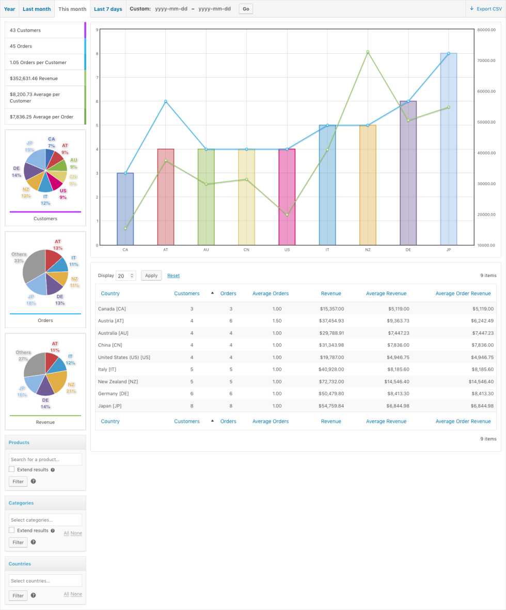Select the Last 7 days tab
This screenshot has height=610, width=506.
point(108,9)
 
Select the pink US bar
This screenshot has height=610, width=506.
point(287,196)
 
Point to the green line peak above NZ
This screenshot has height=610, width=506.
point(368,52)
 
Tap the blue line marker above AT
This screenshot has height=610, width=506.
point(166,101)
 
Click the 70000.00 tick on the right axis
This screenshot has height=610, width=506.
point(487,60)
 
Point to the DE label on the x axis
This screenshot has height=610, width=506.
point(408,250)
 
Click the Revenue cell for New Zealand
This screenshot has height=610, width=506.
point(332,382)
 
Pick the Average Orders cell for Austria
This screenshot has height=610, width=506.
point(277,321)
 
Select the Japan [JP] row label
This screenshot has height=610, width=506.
point(112,406)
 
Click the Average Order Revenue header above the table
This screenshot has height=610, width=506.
point(463,294)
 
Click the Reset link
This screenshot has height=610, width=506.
point(173,276)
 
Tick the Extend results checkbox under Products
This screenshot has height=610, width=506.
point(12,469)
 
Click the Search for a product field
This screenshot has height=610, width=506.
point(45,459)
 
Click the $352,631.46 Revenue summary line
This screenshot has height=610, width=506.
point(34,78)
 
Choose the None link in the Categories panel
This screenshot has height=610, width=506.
point(76,533)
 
